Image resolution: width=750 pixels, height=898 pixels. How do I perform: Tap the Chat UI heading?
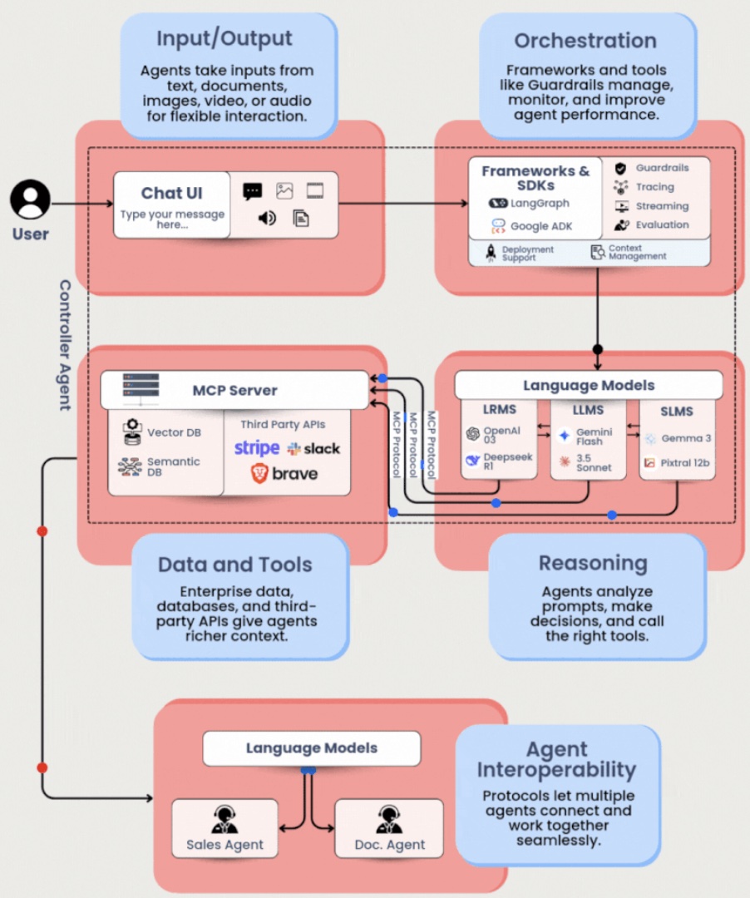(x=172, y=193)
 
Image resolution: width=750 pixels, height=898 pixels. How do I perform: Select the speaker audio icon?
(x=267, y=218)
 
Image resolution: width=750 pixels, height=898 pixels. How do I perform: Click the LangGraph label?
(x=540, y=203)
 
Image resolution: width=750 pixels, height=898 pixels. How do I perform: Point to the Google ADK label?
(x=541, y=225)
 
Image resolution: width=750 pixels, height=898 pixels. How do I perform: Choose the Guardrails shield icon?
(x=620, y=168)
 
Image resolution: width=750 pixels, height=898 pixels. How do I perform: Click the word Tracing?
(x=655, y=187)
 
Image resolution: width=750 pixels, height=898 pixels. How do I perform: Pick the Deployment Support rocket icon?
(x=490, y=253)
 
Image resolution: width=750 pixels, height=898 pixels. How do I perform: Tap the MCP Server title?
(x=235, y=390)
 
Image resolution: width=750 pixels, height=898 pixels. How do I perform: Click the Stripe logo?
(x=257, y=448)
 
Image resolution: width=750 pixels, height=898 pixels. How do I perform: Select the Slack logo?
(x=313, y=448)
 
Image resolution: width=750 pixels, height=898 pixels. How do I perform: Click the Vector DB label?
(x=174, y=432)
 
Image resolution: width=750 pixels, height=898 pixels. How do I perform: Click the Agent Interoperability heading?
(x=556, y=759)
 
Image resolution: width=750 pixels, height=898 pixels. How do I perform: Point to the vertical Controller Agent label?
(x=65, y=344)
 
